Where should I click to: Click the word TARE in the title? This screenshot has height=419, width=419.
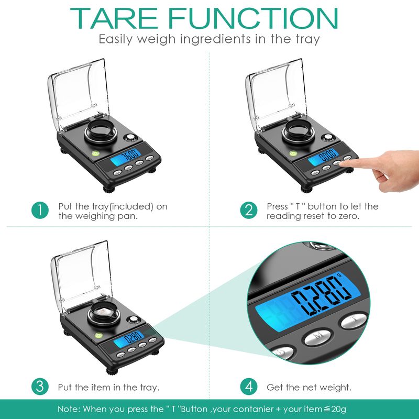point(114,18)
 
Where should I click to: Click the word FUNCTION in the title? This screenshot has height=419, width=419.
point(253,18)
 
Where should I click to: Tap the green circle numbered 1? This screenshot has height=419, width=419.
point(40,210)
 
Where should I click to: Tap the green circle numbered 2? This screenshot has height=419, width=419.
point(248,210)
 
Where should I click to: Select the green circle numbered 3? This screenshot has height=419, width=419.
point(40,387)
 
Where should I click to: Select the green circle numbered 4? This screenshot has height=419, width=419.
point(248,387)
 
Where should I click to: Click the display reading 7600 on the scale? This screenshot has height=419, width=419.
point(125,157)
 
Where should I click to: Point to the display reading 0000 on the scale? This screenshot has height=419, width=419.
point(323,157)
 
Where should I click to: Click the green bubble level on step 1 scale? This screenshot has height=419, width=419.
point(95,153)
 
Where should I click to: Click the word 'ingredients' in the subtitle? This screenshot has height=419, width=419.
point(216,39)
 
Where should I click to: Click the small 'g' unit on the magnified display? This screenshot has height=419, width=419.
point(339,274)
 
